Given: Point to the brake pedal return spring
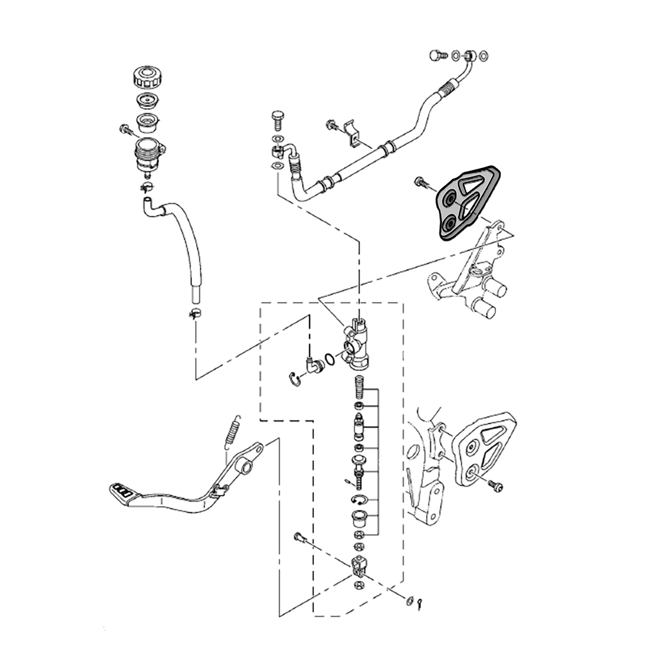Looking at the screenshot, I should coord(231,433).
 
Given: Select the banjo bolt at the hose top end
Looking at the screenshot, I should coord(436,56).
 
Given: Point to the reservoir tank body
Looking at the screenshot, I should coord(149,157).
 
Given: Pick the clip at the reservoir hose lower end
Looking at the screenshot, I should coord(195,312).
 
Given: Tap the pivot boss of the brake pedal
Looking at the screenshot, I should coord(247,469).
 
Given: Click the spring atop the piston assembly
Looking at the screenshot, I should coord(359,385).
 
